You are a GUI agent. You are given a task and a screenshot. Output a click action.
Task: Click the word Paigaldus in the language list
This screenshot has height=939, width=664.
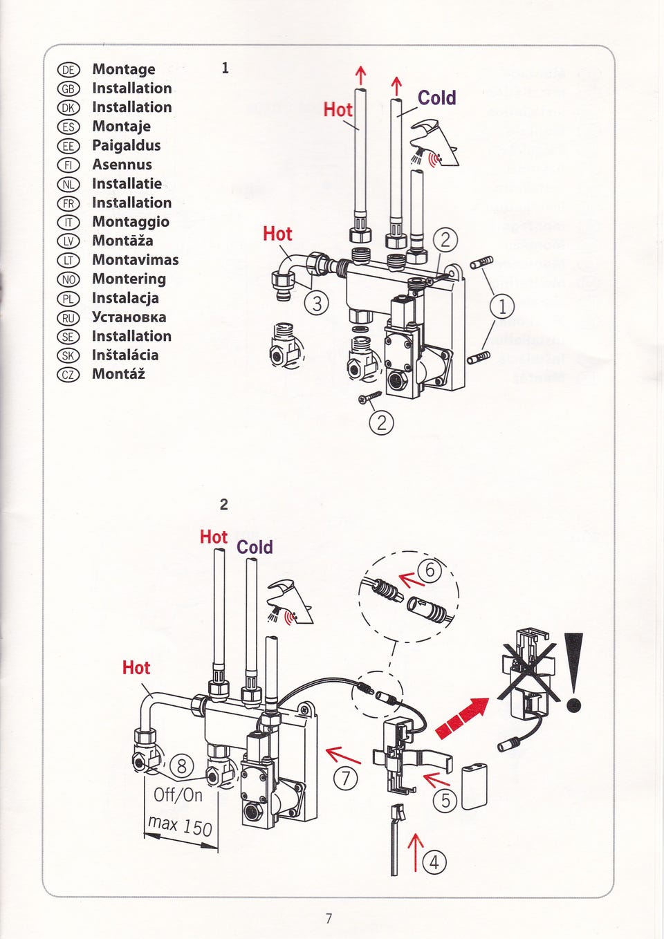[126, 145]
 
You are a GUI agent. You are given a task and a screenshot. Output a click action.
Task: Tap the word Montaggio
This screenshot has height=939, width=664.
[131, 222]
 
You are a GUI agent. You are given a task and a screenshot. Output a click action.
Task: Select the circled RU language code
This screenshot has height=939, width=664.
[68, 318]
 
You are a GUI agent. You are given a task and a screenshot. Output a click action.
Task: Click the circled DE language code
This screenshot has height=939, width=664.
[68, 70]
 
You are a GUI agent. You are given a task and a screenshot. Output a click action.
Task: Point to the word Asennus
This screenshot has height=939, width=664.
[122, 165]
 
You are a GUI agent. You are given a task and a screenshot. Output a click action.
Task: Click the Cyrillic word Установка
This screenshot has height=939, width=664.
[129, 317]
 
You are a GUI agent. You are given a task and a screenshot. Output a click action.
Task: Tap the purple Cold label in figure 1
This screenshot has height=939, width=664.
[436, 98]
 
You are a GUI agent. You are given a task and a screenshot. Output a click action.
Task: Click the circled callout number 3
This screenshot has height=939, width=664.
[317, 303]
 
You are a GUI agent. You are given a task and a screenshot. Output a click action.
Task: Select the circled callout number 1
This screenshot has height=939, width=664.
[502, 306]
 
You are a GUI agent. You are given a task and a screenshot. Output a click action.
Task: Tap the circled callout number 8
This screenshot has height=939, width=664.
[182, 765]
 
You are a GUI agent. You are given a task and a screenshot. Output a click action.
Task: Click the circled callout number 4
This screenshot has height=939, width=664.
[434, 862]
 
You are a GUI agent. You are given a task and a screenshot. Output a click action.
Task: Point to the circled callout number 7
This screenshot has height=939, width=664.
[347, 779]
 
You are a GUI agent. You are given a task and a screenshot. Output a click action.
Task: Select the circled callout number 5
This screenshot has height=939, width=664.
[445, 801]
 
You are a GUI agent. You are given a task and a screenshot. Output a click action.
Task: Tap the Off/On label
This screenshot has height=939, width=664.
[178, 794]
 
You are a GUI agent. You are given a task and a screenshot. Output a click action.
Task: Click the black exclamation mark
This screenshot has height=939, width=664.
[573, 671]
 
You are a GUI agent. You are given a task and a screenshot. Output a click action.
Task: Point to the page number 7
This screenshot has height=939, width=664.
[329, 918]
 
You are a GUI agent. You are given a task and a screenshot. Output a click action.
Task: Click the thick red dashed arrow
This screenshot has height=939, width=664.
[461, 717]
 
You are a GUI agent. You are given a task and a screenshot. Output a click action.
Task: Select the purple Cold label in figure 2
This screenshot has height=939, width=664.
[255, 548]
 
